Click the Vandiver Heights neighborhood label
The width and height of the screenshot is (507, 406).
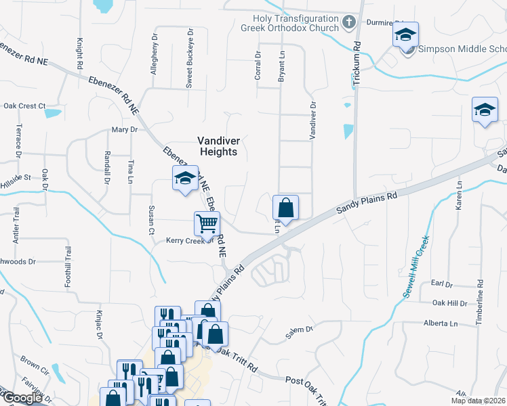(x=217, y=146)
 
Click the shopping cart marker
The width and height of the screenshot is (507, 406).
(x=207, y=223)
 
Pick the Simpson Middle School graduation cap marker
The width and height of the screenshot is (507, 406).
(x=405, y=35)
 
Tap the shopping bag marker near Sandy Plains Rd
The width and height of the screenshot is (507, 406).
(x=285, y=208)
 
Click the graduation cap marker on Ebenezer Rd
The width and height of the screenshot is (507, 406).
(x=185, y=179)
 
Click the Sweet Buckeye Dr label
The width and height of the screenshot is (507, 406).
(x=190, y=59)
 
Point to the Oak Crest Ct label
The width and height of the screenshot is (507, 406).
(x=24, y=106)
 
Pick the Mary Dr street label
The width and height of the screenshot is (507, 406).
(x=125, y=129)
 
